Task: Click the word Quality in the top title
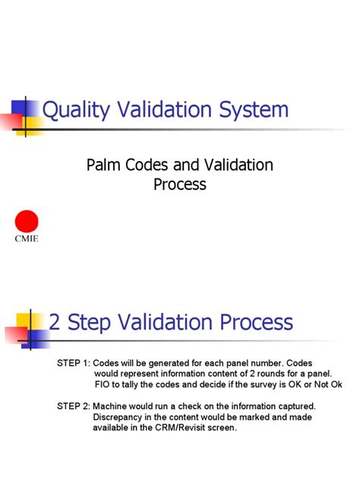click(x=73, y=110)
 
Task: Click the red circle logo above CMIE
click(x=27, y=222)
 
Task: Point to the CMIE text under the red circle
click(x=27, y=238)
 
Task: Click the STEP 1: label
click(x=73, y=363)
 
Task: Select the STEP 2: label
click(x=73, y=406)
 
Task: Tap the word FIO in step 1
click(x=103, y=384)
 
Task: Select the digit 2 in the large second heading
click(x=55, y=322)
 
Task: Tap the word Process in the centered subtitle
click(x=179, y=185)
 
